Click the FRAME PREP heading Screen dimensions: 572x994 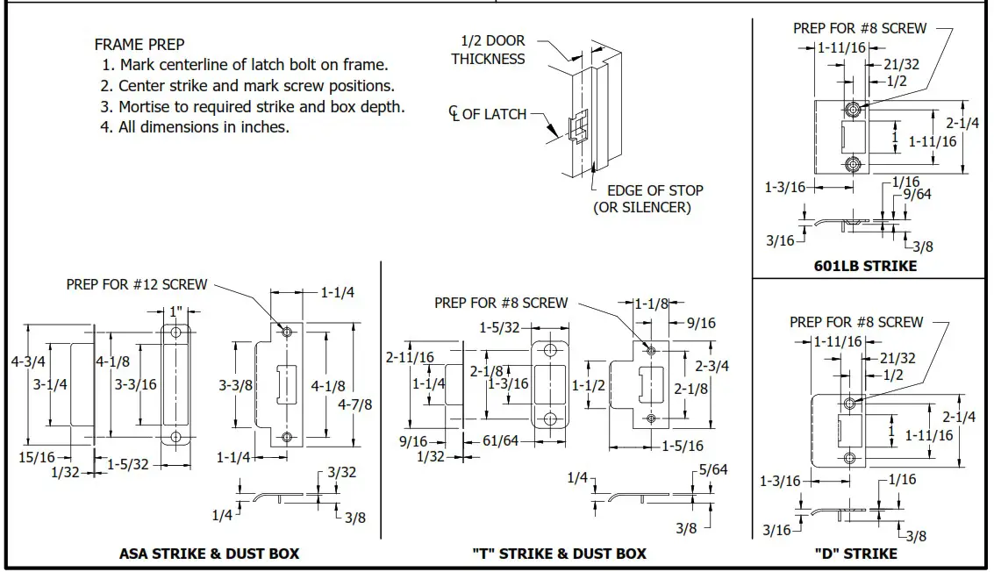(139, 45)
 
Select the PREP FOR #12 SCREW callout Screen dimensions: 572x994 (137, 284)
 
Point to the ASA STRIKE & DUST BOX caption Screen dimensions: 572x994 (209, 554)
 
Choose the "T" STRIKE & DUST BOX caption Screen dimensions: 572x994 (559, 554)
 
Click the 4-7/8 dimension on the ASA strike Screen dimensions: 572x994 (354, 404)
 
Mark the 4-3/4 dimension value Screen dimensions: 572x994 (29, 361)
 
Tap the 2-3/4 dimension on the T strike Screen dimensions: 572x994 (712, 366)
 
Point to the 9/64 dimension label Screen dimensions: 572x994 (917, 194)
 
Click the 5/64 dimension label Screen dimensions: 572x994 (713, 470)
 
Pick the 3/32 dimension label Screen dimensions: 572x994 (341, 472)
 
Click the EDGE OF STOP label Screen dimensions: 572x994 (648, 190)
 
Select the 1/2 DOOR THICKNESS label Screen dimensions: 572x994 (488, 50)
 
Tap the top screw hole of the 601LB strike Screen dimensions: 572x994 (853, 110)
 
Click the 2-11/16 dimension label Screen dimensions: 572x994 (410, 357)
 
